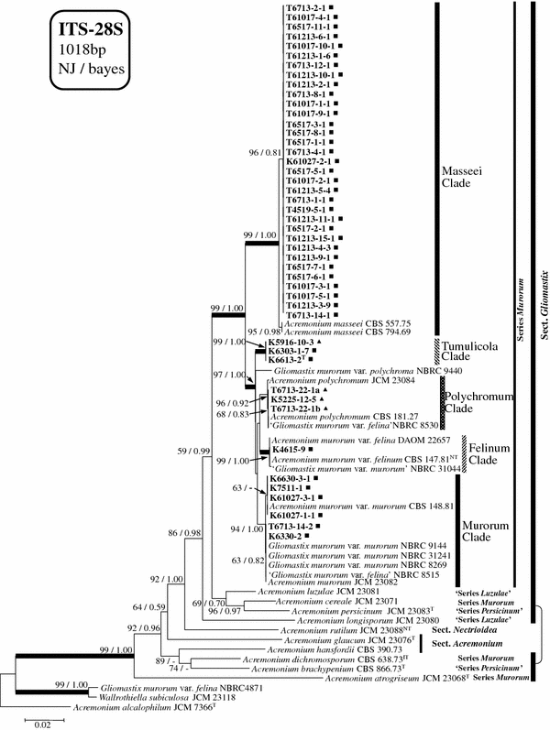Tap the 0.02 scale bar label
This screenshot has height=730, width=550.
click(x=35, y=724)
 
